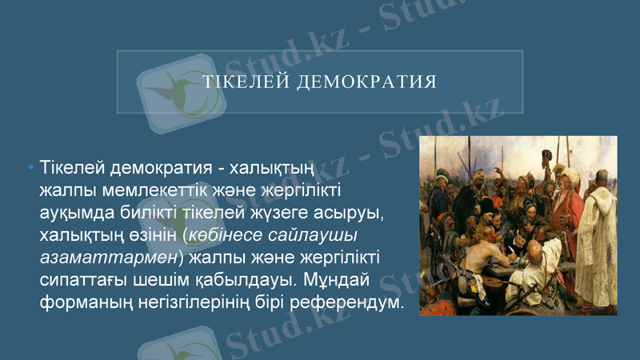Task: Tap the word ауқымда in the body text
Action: (x=76, y=214)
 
